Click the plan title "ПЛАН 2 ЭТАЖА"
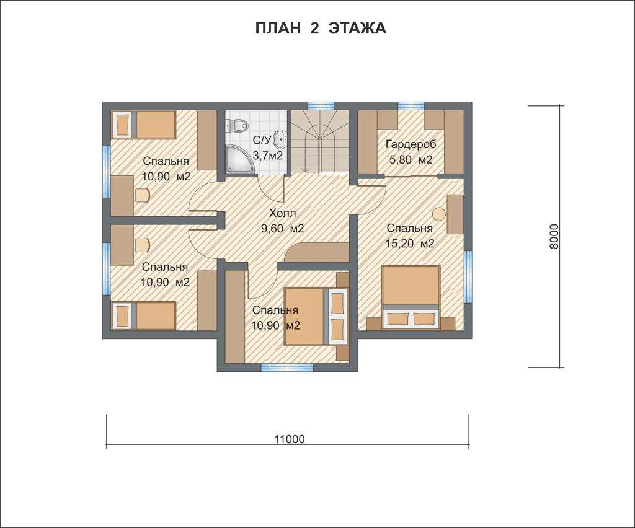(321, 29)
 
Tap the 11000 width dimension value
(289, 439)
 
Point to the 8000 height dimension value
(554, 237)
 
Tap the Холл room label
(282, 213)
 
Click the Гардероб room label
(411, 144)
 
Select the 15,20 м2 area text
(411, 244)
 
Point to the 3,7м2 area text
(268, 156)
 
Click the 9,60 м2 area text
(282, 229)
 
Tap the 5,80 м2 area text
(411, 160)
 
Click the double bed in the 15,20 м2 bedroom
(411, 296)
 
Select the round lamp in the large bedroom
(438, 214)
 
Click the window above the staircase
(321, 105)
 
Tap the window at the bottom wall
(286, 367)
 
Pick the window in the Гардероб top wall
(411, 105)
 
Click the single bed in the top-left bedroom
(143, 125)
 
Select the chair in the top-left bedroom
(142, 195)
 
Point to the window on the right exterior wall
(468, 277)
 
